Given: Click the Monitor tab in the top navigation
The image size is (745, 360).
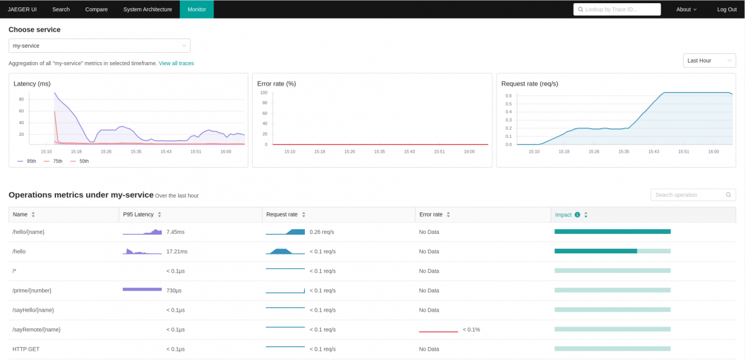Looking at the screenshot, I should pyautogui.click(x=196, y=9).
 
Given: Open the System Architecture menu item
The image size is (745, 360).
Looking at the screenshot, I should pyautogui.click(x=147, y=9).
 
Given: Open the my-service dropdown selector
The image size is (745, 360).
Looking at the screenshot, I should pyautogui.click(x=99, y=45).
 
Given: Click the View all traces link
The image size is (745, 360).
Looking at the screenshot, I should pyautogui.click(x=176, y=63).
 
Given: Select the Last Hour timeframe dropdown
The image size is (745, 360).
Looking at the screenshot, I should pyautogui.click(x=709, y=60).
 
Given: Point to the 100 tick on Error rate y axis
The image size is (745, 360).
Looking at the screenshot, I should pyautogui.click(x=263, y=92).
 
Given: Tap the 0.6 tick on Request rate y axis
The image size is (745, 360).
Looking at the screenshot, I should pyautogui.click(x=508, y=96).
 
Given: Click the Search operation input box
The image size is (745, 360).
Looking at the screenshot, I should pyautogui.click(x=689, y=195).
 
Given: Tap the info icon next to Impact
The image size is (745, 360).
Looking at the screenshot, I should pyautogui.click(x=577, y=215).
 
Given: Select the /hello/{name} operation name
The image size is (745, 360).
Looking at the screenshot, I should pyautogui.click(x=29, y=232).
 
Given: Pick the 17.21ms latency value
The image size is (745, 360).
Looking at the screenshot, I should pyautogui.click(x=177, y=251).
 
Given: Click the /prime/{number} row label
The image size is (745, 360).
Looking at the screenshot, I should pyautogui.click(x=32, y=290).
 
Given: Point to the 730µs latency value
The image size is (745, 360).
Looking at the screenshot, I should pyautogui.click(x=174, y=290).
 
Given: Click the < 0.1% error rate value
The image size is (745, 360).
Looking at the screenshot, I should pyautogui.click(x=471, y=330).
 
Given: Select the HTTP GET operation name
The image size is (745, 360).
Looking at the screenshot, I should pyautogui.click(x=25, y=349).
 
